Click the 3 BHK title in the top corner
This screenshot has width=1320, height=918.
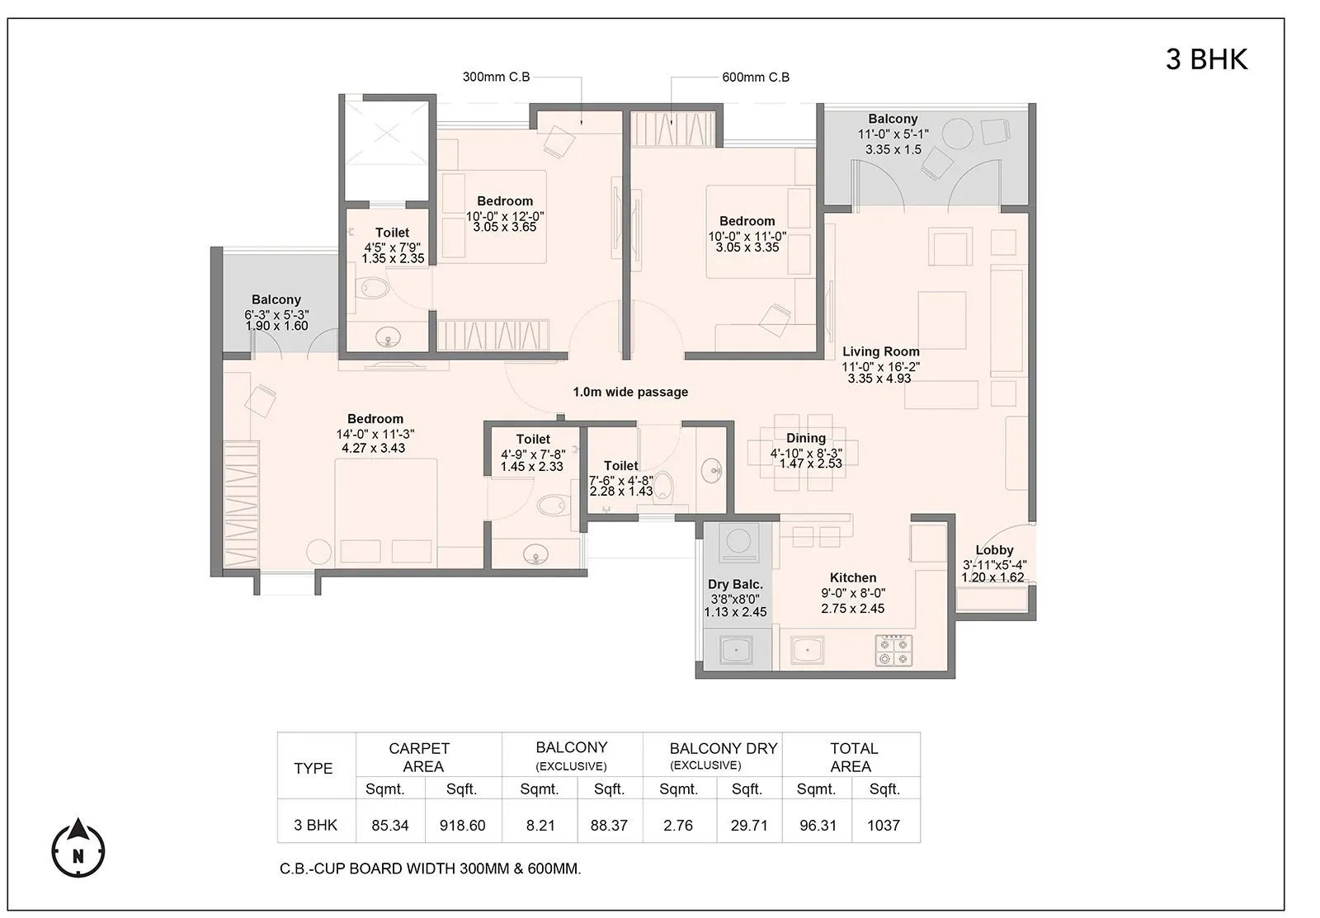coord(1206,59)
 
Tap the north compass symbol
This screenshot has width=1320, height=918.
coord(78,850)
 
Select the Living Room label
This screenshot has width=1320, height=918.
coord(880,351)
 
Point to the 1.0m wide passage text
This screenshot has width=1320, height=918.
coord(630,392)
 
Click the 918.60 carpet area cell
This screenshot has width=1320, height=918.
coord(462,825)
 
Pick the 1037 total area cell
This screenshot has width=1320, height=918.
coord(883,825)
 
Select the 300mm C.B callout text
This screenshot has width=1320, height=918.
coord(496,77)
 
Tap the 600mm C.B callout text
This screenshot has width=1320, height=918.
coord(756,77)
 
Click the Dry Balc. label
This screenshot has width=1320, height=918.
coord(735,585)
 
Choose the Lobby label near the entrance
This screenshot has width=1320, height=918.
coord(994,550)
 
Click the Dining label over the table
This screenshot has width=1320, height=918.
coord(805,438)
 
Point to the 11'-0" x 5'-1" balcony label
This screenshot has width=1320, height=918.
coord(893,134)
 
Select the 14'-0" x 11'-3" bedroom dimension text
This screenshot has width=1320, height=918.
coord(375,434)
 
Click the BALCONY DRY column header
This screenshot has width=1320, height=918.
coord(723,749)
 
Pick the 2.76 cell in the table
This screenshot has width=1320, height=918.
coord(678,825)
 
